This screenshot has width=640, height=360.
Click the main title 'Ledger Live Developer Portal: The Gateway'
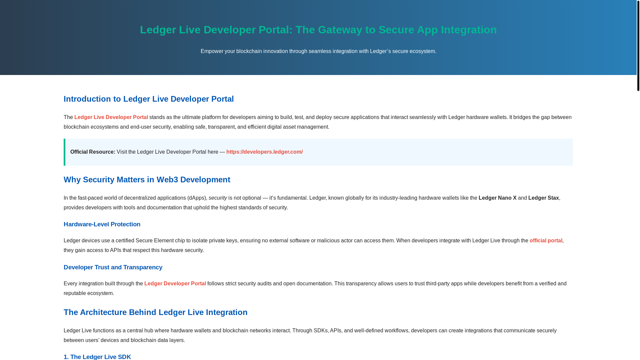tap(318, 30)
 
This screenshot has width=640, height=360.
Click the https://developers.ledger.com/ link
tap(264, 152)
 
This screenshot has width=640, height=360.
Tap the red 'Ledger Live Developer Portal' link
tap(111, 117)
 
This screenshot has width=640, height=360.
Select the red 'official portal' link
tap(546, 241)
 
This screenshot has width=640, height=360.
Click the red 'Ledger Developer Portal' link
tap(175, 284)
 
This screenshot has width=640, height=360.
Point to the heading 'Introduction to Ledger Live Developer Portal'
tap(149, 99)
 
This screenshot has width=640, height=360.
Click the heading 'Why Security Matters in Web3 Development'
tap(147, 180)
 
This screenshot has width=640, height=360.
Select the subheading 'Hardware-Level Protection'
tap(102, 224)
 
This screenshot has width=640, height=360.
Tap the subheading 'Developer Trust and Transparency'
tap(113, 267)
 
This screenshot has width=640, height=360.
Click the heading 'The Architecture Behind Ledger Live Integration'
tap(155, 312)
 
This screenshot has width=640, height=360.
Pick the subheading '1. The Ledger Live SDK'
tap(97, 357)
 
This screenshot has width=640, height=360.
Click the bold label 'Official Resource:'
tap(93, 152)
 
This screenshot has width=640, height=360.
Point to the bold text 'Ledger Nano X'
tap(497, 198)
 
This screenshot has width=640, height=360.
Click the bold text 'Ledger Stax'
tap(543, 198)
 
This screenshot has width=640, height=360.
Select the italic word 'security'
tap(218, 198)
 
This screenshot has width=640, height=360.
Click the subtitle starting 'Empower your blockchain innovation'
tap(318, 51)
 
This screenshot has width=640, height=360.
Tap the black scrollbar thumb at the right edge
tap(638, 45)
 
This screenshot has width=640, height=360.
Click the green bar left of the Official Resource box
tap(64, 152)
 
